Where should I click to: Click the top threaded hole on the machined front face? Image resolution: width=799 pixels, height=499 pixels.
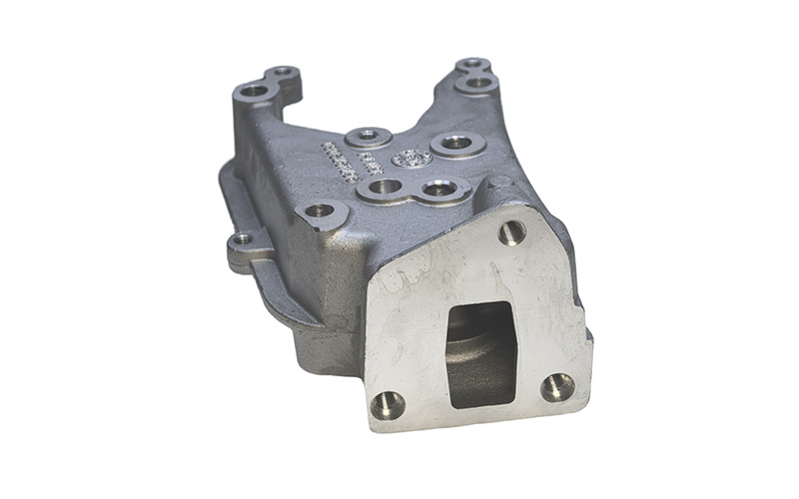click(512, 233)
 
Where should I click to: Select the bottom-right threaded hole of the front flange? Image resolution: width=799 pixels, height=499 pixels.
click(556, 386)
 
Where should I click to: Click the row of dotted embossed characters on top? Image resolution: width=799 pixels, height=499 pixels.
click(340, 162)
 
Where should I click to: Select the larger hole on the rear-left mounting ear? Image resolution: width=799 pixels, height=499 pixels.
click(255, 91)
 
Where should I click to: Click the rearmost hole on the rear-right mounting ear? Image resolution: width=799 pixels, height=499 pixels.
click(472, 65)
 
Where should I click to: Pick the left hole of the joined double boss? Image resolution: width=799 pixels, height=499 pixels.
click(384, 187)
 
